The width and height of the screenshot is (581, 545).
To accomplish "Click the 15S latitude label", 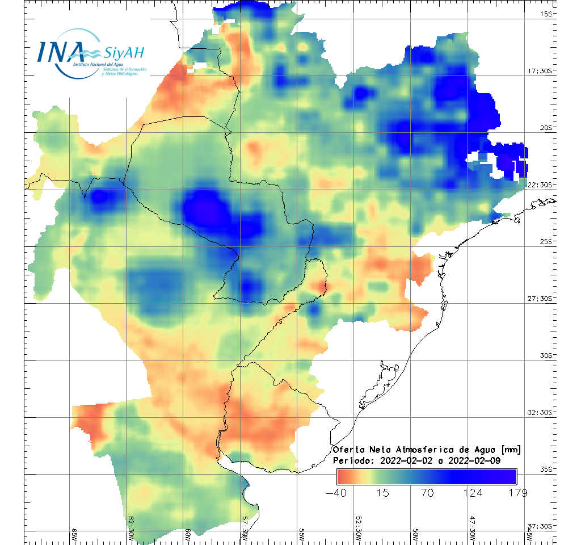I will click(x=548, y=14).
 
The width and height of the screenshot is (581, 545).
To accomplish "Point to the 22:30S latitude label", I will click(x=543, y=185).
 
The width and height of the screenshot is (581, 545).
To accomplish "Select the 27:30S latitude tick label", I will click(x=543, y=299).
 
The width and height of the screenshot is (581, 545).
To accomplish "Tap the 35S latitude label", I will click(x=548, y=469).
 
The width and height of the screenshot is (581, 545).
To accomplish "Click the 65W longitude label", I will click(x=74, y=535).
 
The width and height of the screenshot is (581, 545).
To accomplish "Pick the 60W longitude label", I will click(x=188, y=535).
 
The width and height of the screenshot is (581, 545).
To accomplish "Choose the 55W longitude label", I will click(x=302, y=535).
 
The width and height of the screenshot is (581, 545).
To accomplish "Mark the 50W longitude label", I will click(x=415, y=535).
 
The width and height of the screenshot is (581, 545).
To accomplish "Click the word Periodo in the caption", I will click(x=352, y=460).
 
